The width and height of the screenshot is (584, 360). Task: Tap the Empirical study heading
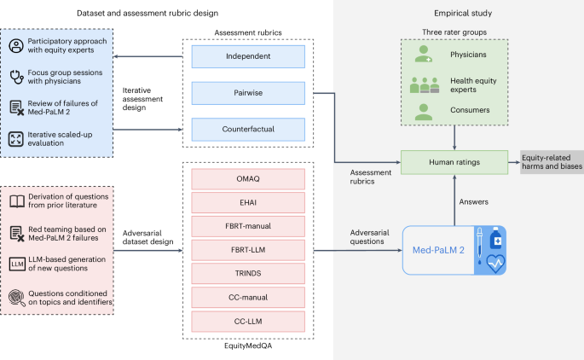(458, 13)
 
